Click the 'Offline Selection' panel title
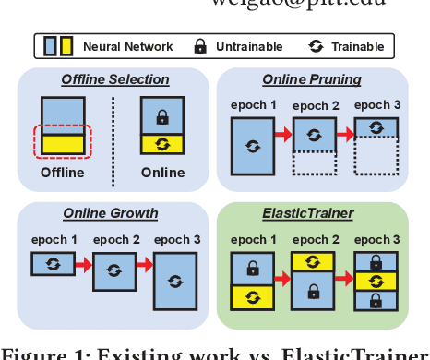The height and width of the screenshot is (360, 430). pos(115,81)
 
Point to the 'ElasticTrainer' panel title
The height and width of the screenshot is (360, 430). pos(309,214)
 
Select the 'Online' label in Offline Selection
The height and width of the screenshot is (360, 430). pos(162,172)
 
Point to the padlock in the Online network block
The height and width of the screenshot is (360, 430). pos(161,118)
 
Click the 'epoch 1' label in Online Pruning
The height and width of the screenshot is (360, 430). pos(250,104)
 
